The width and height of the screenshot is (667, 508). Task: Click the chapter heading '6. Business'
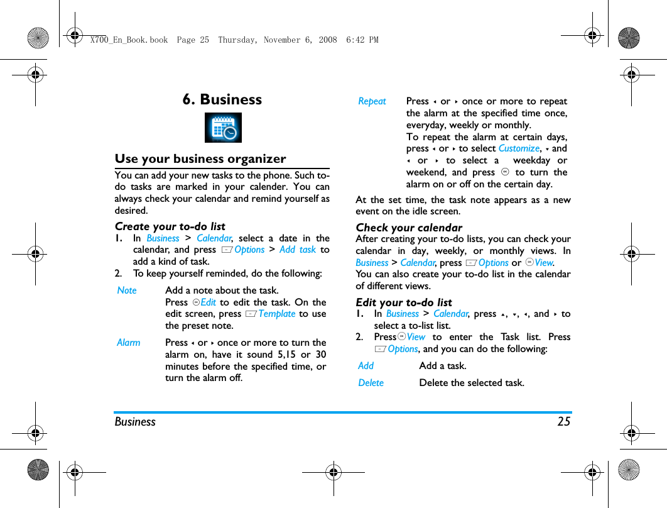pyautogui.click(x=222, y=99)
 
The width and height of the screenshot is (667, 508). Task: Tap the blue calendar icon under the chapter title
pyautogui.click(x=223, y=128)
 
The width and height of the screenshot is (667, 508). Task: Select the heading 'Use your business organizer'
pyautogui.click(x=200, y=158)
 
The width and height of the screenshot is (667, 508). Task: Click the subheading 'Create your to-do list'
pyautogui.click(x=170, y=226)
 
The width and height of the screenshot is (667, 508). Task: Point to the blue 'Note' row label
pyautogui.click(x=127, y=290)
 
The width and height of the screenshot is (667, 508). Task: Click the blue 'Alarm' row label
pyautogui.click(x=129, y=343)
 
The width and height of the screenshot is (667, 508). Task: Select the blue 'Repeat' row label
pyautogui.click(x=372, y=101)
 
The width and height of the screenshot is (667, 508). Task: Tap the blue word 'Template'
pyautogui.click(x=276, y=314)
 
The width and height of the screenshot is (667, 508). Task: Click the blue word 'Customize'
pyautogui.click(x=519, y=148)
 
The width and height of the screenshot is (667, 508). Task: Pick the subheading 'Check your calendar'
pyautogui.click(x=409, y=228)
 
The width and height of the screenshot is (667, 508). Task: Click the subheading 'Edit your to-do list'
pyautogui.click(x=404, y=302)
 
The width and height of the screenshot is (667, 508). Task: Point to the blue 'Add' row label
pyautogui.click(x=366, y=366)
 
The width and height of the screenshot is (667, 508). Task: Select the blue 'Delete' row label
pyautogui.click(x=371, y=383)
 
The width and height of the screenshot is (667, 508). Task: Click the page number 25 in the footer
pyautogui.click(x=563, y=421)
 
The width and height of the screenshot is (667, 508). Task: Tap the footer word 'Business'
pyautogui.click(x=135, y=421)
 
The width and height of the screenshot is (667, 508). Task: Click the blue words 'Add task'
pyautogui.click(x=298, y=250)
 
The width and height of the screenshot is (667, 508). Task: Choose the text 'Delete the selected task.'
pyautogui.click(x=471, y=383)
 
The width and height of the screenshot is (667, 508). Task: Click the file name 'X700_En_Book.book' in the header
pyautogui.click(x=129, y=40)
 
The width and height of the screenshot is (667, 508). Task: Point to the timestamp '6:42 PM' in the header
pyautogui.click(x=362, y=40)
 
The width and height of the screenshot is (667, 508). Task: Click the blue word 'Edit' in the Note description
pyautogui.click(x=208, y=302)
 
